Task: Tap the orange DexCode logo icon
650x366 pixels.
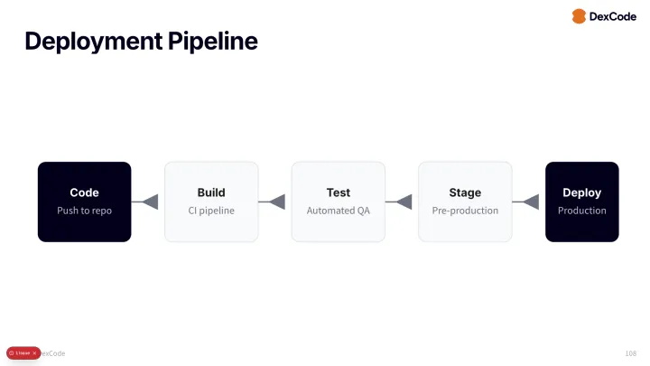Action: (x=579, y=16)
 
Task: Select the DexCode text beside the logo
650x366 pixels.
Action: (x=613, y=16)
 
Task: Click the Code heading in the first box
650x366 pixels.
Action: (x=84, y=192)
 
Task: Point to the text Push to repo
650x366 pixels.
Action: (x=84, y=211)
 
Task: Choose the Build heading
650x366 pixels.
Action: (x=211, y=192)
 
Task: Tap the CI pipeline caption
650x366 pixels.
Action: (x=211, y=211)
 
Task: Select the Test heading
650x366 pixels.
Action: (x=338, y=192)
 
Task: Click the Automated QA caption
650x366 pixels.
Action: (x=338, y=211)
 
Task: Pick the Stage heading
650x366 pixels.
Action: (x=465, y=192)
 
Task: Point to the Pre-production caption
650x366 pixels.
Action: (x=465, y=211)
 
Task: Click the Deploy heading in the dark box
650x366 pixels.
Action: (x=581, y=192)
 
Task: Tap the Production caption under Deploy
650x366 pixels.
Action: (x=581, y=211)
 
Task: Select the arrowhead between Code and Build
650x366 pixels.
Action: (x=151, y=202)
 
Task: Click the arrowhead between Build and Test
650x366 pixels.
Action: (x=278, y=202)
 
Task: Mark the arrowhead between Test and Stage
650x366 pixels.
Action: (x=404, y=202)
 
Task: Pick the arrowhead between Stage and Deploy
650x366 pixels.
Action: (x=532, y=202)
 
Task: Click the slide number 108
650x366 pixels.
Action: (x=630, y=352)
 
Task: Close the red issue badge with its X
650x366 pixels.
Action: (x=34, y=352)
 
